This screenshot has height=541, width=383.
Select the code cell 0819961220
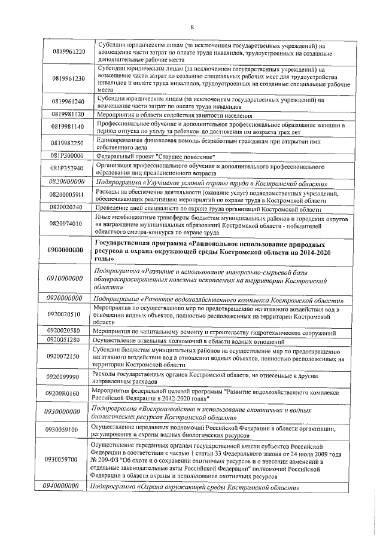coord(68,51)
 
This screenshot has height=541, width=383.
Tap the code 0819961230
coord(68,78)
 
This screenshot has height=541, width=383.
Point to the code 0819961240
coord(68,102)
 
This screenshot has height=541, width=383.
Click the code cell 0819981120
coord(67,114)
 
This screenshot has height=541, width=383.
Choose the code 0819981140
coord(68,127)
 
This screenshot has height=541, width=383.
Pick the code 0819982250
coord(68,143)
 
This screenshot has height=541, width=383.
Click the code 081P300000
coord(67,155)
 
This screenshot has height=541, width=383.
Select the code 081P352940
coord(68,168)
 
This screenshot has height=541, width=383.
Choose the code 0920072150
coord(68,356)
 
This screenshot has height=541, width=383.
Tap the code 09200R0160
coord(68,394)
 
